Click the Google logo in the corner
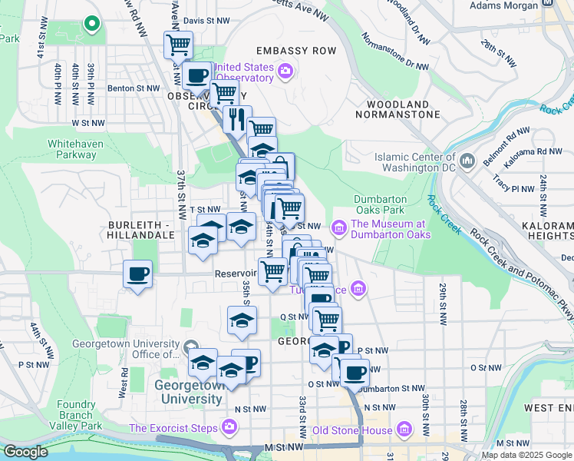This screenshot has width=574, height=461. tap(25, 452)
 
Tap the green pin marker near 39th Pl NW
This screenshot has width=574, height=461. tap(91, 25)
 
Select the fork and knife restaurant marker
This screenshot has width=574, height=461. tap(236, 119)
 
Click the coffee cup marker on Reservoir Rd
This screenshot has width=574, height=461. tap(137, 274)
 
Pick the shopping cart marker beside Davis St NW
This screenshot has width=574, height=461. tap(178, 45)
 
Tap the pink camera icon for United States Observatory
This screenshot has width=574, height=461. tap(285, 72)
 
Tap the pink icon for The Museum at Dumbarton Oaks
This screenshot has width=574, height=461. tap(338, 228)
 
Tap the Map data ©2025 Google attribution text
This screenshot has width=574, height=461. tap(526, 454)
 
